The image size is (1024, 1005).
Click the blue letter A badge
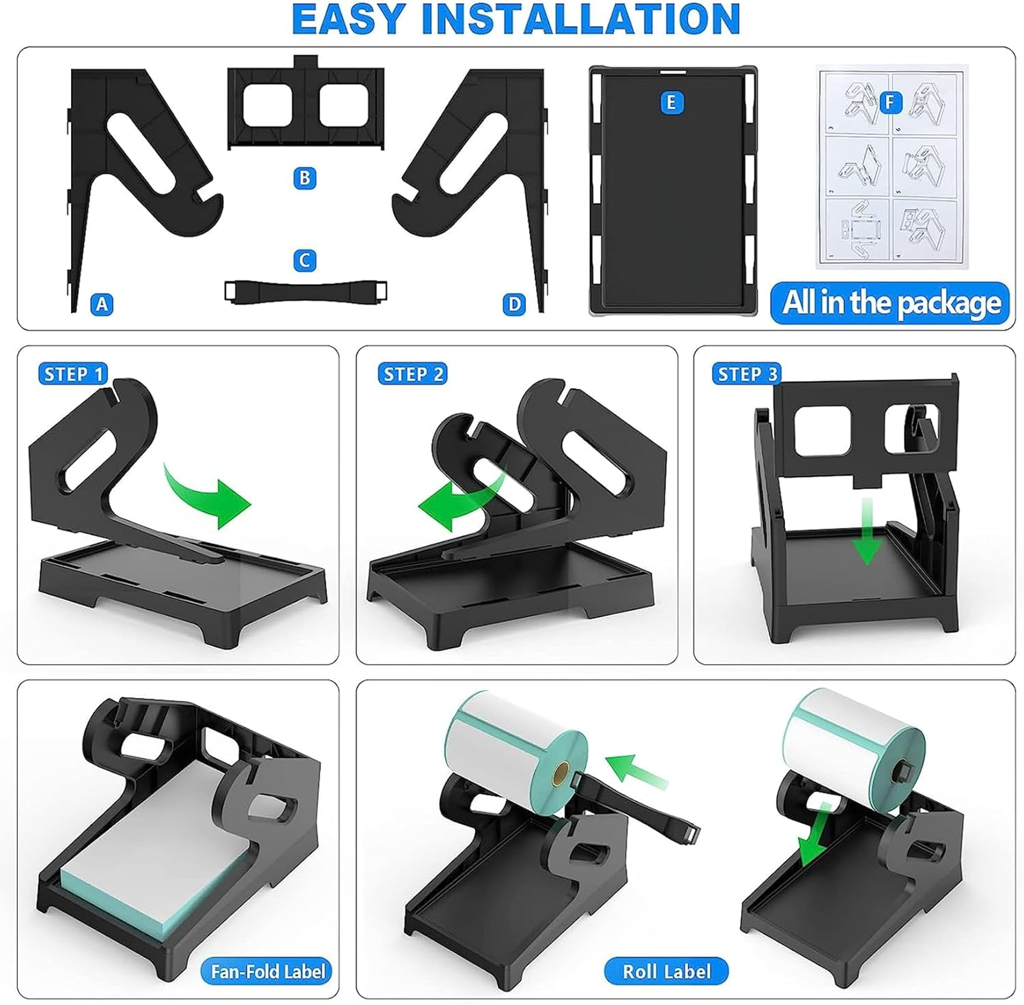click(x=102, y=304)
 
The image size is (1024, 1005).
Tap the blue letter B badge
click(x=304, y=178)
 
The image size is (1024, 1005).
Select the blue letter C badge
click(x=304, y=260)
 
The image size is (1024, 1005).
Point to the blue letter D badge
click(x=514, y=304)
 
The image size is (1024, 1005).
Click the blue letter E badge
click(x=671, y=102)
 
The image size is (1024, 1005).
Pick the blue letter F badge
click(x=889, y=102)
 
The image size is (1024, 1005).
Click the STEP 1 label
click(x=73, y=374)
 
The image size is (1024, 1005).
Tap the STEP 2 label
click(x=412, y=374)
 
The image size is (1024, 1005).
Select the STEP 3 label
click(x=747, y=374)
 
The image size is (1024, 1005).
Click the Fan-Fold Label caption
click(x=267, y=971)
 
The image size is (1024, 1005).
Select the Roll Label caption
click(x=666, y=971)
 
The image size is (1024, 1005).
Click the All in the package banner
click(x=890, y=302)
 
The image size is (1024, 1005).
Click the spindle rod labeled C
click(x=306, y=292)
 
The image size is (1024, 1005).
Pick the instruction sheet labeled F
click(x=892, y=167)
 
